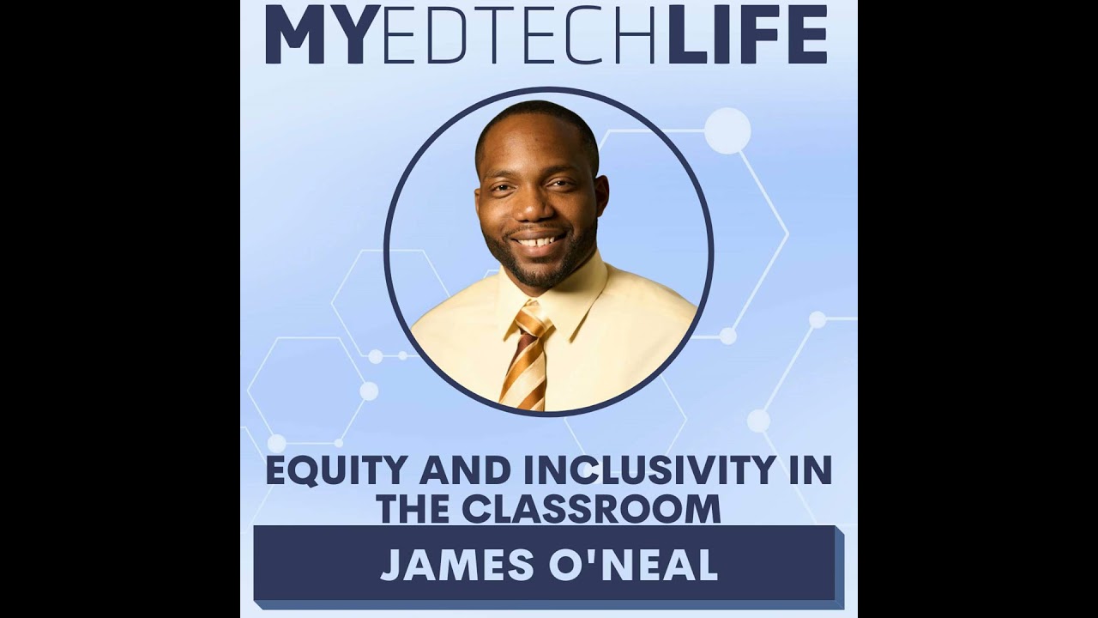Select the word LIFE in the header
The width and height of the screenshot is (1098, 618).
point(747,34)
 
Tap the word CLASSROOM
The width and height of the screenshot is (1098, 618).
point(591,509)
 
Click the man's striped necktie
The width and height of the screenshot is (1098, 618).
point(526,360)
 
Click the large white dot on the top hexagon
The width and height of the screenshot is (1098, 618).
point(727,130)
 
